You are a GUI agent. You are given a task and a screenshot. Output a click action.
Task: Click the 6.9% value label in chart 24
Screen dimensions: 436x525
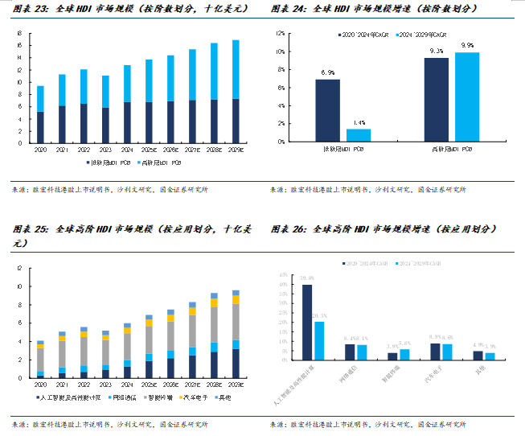click(x=327, y=73)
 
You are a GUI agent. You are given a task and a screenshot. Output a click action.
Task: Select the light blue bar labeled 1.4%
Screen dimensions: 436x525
click(x=359, y=135)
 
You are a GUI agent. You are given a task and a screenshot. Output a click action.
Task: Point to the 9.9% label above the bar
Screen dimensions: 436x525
click(x=467, y=46)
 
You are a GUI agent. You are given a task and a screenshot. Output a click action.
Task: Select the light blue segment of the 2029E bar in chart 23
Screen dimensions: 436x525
click(x=236, y=69)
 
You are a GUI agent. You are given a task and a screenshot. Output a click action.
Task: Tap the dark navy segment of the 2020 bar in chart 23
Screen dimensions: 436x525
click(x=40, y=128)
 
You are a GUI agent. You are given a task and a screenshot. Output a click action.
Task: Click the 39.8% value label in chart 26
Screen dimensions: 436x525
click(x=306, y=278)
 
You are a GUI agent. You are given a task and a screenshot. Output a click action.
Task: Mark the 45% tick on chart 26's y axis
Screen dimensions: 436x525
click(x=282, y=275)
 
